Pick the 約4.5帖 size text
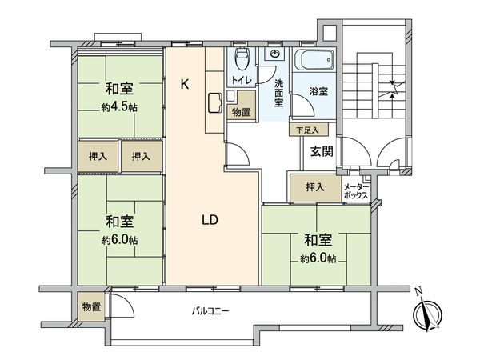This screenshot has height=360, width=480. tap(117, 106)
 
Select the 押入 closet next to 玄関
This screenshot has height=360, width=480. tap(314, 187)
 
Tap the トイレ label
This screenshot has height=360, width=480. tap(242, 81)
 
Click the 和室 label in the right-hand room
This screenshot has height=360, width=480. tap(318, 238)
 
